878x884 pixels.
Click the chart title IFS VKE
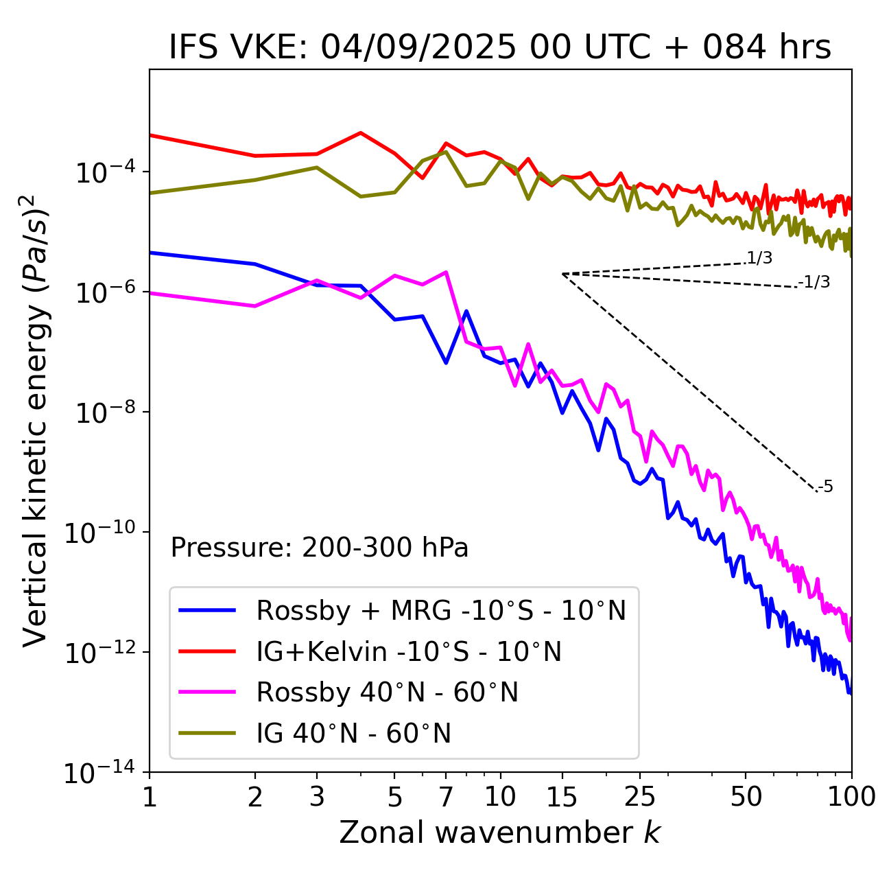pos(500,48)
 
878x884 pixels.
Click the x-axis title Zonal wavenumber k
pos(500,833)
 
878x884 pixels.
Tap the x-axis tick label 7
pos(446,797)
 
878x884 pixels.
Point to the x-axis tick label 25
pos(639,797)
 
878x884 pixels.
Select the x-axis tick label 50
pos(746,797)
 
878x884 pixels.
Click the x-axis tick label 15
pos(562,797)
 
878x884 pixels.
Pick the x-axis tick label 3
pos(316,797)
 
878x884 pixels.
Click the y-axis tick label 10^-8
pos(102,414)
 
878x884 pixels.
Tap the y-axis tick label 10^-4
pos(102,174)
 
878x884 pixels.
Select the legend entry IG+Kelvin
pos(409,651)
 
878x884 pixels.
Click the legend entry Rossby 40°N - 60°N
pos(387,693)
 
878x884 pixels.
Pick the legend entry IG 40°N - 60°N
pos(354,734)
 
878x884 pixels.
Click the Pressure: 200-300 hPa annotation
pos(320,548)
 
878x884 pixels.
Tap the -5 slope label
pos(826,487)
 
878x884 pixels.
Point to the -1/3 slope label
pos(814,282)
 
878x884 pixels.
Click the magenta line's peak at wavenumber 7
pos(446,272)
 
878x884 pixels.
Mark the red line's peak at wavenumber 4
pos(361,132)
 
